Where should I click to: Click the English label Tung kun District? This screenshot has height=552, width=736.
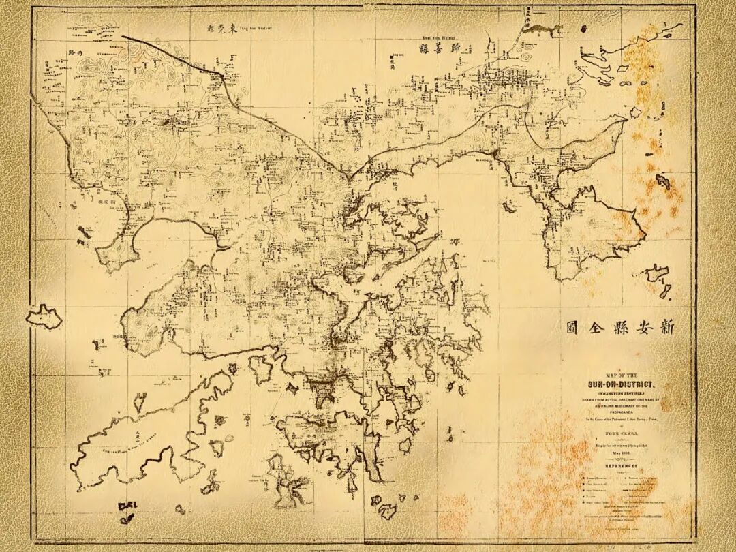tap(256, 27)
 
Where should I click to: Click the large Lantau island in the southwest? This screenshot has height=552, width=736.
tap(157, 423)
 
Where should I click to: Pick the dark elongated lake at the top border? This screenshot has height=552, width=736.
tap(543, 28)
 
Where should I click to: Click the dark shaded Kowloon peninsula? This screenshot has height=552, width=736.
tap(322, 391)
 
